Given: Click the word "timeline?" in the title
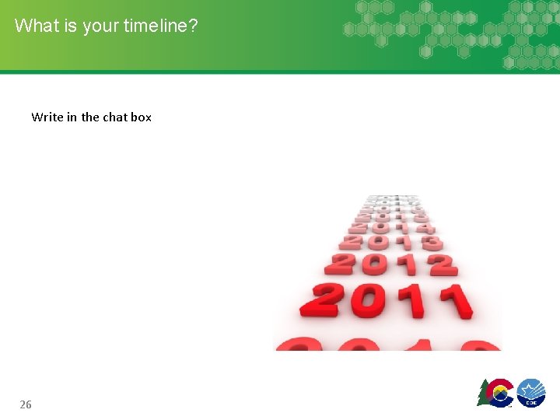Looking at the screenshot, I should tap(160, 26).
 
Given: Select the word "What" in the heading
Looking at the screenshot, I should tap(36, 26).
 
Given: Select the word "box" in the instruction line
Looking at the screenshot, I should tap(141, 117).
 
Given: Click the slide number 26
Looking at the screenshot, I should tap(26, 404).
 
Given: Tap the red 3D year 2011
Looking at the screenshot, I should tap(392, 300).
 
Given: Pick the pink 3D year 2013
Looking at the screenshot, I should tap(391, 242).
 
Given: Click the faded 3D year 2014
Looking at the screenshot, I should tap(391, 226).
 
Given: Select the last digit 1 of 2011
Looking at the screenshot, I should tap(452, 301).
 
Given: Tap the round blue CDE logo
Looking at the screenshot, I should tap(531, 393).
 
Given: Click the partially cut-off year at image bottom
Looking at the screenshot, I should tap(388, 345).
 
